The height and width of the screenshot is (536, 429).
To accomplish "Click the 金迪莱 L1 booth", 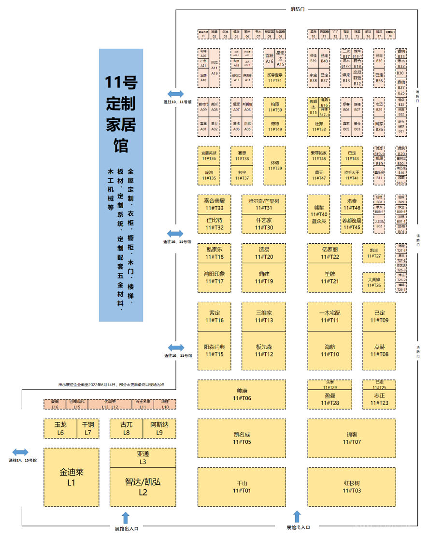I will tap(71, 477).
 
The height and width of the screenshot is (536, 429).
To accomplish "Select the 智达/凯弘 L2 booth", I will tap(143, 487).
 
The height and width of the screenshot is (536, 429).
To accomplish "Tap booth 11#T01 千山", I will tap(242, 487).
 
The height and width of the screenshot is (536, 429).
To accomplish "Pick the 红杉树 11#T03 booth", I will tap(352, 487).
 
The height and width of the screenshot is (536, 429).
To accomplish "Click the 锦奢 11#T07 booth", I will tap(352, 438).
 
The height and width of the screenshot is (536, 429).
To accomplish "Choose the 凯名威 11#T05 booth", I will tap(242, 438).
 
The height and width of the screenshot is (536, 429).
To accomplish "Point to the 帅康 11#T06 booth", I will tap(242, 394).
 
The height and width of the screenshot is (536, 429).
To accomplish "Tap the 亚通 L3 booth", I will tap(143, 458).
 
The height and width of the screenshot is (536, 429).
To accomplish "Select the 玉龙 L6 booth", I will tap(60, 428).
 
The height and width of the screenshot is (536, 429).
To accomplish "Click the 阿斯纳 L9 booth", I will tap(159, 428).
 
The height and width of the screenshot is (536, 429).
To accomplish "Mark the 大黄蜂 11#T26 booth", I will tap(374, 282).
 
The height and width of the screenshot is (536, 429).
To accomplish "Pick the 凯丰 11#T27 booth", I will tap(374, 253).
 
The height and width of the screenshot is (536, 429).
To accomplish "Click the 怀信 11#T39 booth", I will tap(275, 165).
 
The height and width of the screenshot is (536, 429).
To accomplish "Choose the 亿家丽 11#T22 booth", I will tap(330, 253).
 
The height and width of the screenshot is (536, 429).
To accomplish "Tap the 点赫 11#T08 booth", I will tap(379, 350).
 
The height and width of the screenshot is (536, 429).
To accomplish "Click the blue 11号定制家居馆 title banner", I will tap(121, 184).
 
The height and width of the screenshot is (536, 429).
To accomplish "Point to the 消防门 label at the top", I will tap(298, 9).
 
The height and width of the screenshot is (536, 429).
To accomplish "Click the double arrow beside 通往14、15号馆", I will tap(20, 452).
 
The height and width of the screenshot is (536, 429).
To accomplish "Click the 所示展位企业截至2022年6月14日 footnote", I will tap(111, 385).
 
